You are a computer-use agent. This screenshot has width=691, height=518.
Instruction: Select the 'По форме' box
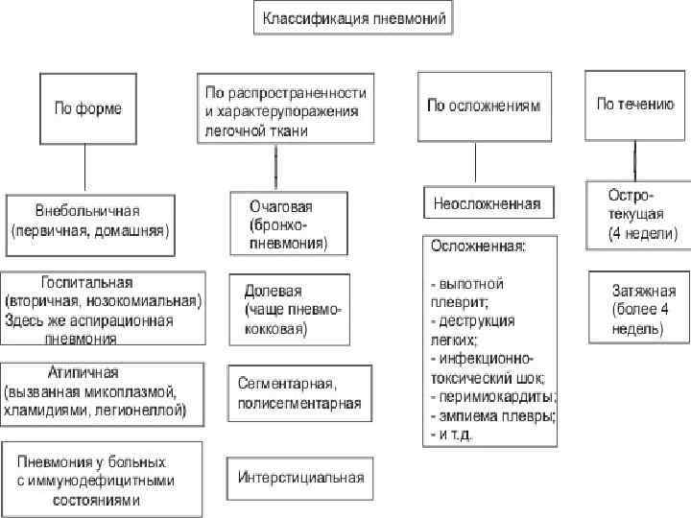tap(86, 109)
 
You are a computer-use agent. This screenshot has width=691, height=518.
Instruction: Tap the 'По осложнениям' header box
tap(486, 106)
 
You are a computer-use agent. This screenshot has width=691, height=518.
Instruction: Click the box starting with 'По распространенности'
tap(285, 110)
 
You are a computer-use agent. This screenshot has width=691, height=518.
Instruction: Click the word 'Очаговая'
tap(281, 206)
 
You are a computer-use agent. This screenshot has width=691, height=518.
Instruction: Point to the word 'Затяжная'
tap(644, 290)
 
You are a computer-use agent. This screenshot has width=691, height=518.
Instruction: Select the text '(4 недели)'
tap(642, 233)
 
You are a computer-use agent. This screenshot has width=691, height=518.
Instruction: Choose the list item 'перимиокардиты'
tap(498, 396)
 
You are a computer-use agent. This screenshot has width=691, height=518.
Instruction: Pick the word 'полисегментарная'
tap(299, 403)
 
